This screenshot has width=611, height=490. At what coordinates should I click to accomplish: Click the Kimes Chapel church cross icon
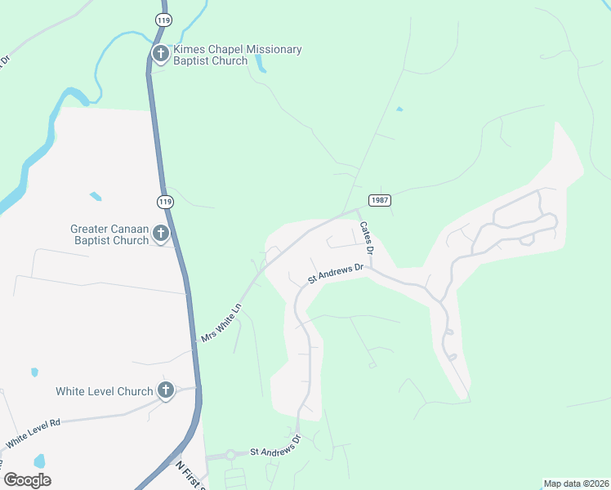tap(160, 55)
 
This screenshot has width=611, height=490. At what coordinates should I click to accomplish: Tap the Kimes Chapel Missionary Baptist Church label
tap(236, 55)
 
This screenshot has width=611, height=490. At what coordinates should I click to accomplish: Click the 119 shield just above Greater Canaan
tap(166, 202)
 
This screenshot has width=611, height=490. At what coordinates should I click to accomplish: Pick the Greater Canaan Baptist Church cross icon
tap(160, 234)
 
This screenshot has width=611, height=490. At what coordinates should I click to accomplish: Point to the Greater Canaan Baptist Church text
tap(109, 234)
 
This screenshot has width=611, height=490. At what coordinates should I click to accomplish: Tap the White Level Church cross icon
tap(166, 391)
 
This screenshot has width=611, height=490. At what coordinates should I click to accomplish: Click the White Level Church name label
tap(105, 391)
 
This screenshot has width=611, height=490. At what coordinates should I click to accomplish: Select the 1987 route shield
tap(379, 200)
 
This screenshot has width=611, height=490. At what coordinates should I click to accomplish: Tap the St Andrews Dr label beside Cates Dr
tap(334, 274)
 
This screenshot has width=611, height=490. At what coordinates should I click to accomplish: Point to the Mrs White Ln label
tap(221, 323)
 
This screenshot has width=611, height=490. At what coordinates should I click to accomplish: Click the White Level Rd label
tap(33, 433)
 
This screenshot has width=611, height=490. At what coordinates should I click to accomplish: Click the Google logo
tap(27, 480)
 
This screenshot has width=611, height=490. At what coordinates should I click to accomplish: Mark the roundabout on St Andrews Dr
tap(230, 455)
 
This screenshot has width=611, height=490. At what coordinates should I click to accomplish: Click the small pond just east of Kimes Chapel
tap(261, 64)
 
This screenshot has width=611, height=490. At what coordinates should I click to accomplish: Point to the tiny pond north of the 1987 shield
tap(399, 109)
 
